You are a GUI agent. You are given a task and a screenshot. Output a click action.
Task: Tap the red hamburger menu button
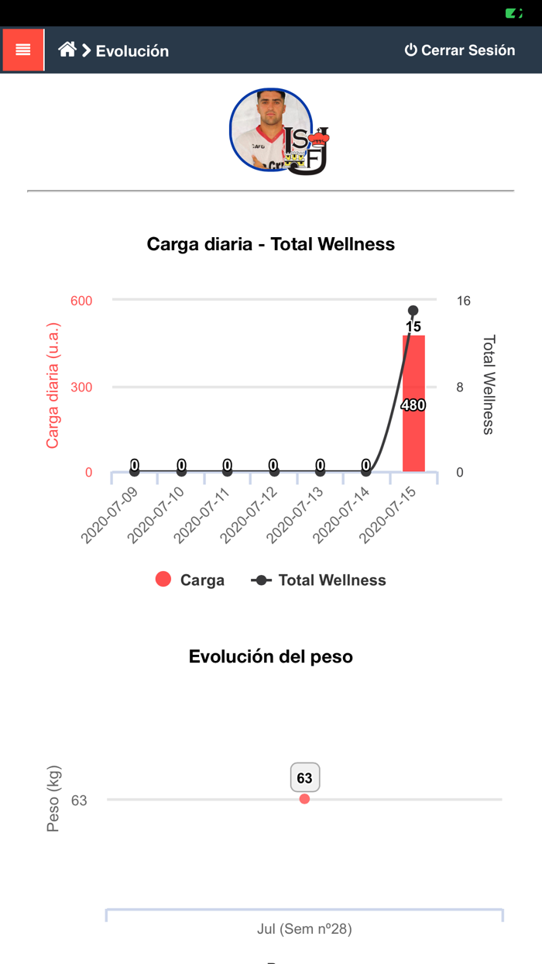coord(23,50)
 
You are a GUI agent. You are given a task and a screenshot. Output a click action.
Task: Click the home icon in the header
coord(67,50)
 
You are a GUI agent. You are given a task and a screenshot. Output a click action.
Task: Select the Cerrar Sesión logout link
coord(459,50)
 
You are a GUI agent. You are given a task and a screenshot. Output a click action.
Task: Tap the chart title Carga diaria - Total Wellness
coord(271,244)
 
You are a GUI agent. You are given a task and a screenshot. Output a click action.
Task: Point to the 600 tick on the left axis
coord(81,301)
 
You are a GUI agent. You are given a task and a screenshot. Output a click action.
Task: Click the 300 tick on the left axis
coord(81,387)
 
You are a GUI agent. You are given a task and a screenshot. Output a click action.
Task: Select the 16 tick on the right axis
coord(463,301)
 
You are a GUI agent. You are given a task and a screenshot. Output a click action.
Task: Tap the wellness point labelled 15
coord(413,312)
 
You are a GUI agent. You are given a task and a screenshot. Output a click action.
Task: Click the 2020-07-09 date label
coord(111,515)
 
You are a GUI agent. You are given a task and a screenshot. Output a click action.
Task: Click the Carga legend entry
coord(190,580)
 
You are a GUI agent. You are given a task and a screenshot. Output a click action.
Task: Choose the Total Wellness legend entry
coord(318,580)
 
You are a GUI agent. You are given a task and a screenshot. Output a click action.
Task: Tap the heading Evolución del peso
coord(271,656)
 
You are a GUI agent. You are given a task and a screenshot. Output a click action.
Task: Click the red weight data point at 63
coord(304,799)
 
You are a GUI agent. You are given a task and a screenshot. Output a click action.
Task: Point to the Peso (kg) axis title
coord(53,799)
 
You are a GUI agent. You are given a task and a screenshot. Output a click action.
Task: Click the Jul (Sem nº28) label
coord(304,928)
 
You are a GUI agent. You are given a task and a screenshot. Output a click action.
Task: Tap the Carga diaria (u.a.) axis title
coord(53,386)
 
